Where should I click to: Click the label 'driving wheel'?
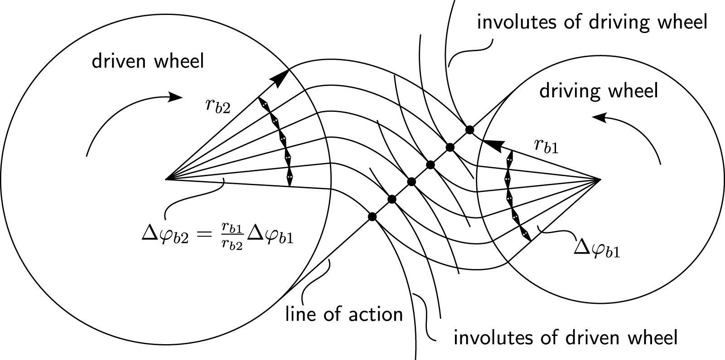point(598,91)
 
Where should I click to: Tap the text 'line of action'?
point(344,314)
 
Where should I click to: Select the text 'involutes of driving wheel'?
point(592,22)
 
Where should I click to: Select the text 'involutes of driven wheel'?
point(565,337)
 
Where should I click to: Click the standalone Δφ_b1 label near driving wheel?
point(597,248)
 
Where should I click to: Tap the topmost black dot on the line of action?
point(470,130)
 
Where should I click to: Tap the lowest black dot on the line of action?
point(372,217)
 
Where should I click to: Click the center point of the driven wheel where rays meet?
point(167,179)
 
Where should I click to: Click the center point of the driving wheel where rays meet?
point(599,180)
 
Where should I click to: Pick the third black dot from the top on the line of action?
point(430,165)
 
